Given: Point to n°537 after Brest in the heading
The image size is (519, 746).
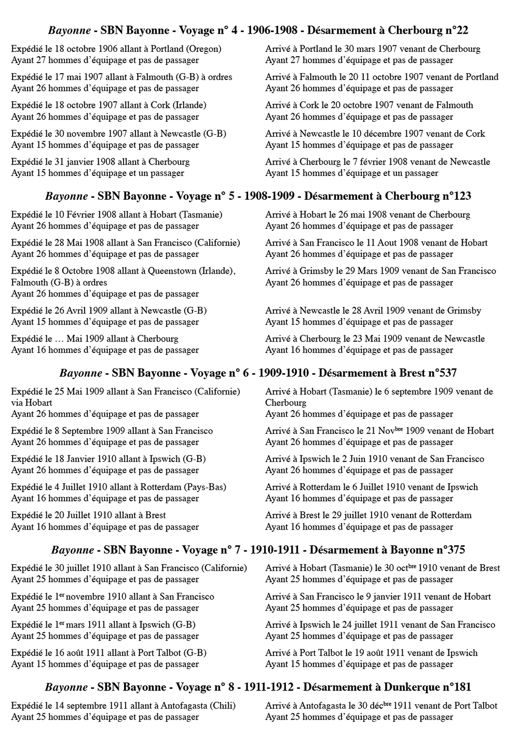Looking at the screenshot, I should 442,373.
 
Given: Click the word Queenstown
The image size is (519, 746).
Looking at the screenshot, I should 173,270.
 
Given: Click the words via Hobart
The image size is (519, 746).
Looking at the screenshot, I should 32,402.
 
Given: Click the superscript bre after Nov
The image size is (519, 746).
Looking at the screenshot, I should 398,429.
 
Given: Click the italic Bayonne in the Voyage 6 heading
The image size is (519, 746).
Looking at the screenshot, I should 80,373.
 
